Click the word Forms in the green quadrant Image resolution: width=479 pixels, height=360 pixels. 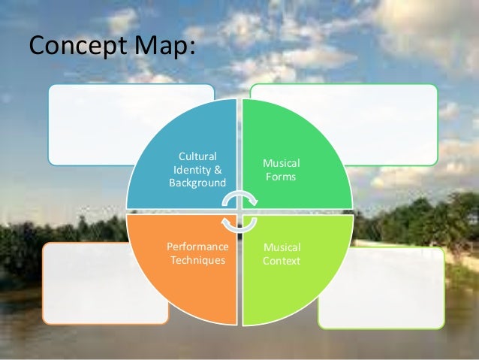point(282,177)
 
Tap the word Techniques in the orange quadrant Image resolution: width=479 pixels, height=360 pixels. point(197,260)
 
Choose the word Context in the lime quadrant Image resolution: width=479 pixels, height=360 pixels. point(282,261)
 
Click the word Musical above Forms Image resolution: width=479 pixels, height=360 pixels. point(282,163)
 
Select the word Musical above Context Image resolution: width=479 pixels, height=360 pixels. point(282,247)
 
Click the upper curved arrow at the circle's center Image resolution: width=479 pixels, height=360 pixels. point(240,197)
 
